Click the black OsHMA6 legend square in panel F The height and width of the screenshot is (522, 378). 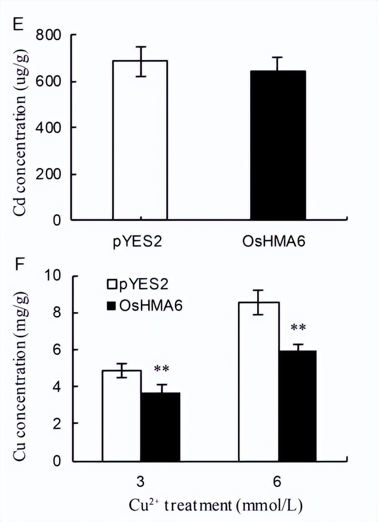pos(111,306)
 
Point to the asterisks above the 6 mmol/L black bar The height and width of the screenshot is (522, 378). pos(298,327)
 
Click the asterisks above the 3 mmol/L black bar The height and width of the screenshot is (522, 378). pos(161,369)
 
